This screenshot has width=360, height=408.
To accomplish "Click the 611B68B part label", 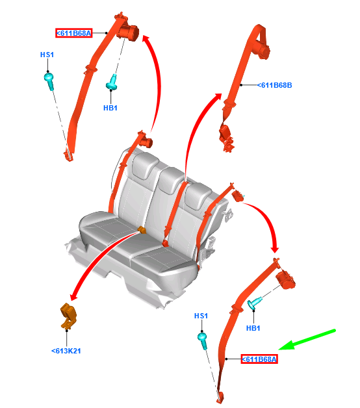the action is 274,85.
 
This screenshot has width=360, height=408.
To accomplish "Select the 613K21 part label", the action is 66,351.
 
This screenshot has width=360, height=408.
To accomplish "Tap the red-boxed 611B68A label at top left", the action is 73,33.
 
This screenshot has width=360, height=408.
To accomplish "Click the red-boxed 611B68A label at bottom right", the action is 259,359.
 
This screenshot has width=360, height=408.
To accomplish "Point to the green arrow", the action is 307,340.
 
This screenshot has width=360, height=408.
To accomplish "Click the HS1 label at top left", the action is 47,55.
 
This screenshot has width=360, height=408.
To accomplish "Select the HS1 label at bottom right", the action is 201,316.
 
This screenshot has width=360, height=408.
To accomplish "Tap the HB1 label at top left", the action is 110,108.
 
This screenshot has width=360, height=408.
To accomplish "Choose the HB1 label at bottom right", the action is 253,328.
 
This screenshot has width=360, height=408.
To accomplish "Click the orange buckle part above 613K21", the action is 68,315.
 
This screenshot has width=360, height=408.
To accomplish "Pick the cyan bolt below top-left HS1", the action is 49,81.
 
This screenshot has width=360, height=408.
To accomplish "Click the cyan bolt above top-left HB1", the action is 112,83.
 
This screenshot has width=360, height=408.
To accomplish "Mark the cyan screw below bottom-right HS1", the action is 203,340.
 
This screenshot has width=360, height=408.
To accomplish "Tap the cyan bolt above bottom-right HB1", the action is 254,303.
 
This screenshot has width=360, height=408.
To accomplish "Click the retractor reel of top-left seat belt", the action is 128,32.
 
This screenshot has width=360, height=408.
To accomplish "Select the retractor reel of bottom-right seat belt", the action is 285,279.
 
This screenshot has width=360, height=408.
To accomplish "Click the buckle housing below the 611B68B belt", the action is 225,138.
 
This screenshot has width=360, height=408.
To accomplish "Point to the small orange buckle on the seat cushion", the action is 142,230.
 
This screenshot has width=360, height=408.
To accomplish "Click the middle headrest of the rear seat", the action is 171,180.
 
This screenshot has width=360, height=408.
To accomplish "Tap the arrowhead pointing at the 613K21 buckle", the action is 73,296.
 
